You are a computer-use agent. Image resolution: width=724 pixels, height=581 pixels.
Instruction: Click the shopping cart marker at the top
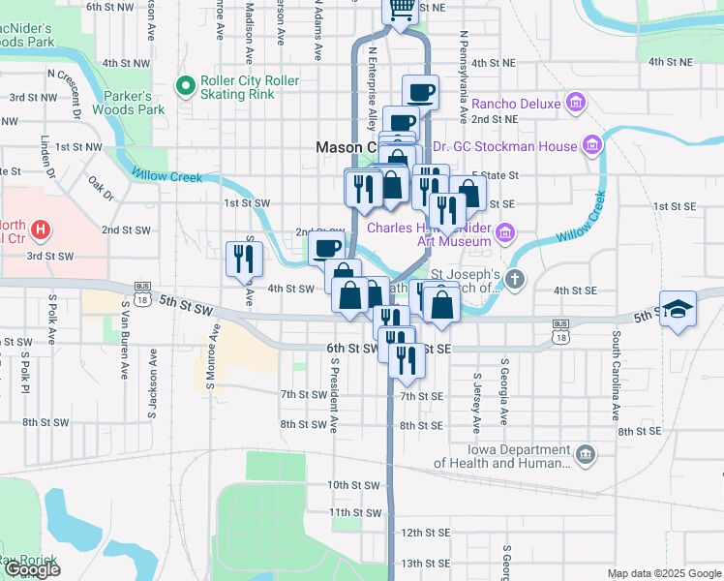400,9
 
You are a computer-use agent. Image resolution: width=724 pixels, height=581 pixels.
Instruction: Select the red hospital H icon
41,230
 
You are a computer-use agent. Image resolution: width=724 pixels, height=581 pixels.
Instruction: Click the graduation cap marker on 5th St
679,310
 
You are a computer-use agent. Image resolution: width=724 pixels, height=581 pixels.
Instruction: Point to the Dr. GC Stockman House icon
592,146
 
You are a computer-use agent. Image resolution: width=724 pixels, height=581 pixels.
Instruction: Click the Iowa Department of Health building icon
585,454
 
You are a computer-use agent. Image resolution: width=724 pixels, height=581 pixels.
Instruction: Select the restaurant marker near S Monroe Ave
243,259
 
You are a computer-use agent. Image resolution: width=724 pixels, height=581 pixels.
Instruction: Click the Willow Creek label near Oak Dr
162,176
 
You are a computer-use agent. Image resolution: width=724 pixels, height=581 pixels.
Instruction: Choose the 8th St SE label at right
641,430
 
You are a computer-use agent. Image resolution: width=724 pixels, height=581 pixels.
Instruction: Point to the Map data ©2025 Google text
665,573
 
